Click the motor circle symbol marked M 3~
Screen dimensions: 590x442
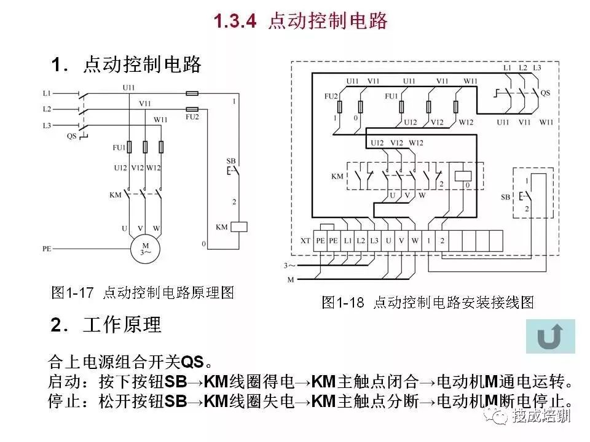tap(145, 249)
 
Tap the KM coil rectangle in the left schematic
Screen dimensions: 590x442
tap(239, 227)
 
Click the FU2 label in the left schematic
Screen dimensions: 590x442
tap(192, 117)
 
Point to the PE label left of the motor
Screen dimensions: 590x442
tap(47, 249)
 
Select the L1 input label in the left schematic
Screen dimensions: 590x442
tap(46, 93)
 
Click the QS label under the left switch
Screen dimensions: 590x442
tap(71, 136)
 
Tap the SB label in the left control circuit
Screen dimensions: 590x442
tap(231, 161)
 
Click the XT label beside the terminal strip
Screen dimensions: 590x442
tap(305, 241)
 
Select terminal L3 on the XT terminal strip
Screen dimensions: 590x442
tap(374, 241)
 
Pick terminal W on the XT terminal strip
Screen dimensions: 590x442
tap(415, 241)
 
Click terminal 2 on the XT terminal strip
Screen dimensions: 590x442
tap(442, 241)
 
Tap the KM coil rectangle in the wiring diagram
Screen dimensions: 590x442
tap(463, 176)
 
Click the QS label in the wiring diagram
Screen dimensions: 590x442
tap(545, 93)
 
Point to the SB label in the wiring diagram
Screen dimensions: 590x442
tap(505, 197)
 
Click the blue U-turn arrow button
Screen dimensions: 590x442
tap(550, 336)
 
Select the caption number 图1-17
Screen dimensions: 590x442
tap(73, 292)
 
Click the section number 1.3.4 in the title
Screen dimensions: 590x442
tap(235, 21)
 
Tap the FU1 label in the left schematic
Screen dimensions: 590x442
tap(119, 148)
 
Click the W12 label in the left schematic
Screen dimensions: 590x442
tap(154, 168)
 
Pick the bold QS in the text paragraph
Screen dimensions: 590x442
tap(192, 362)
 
